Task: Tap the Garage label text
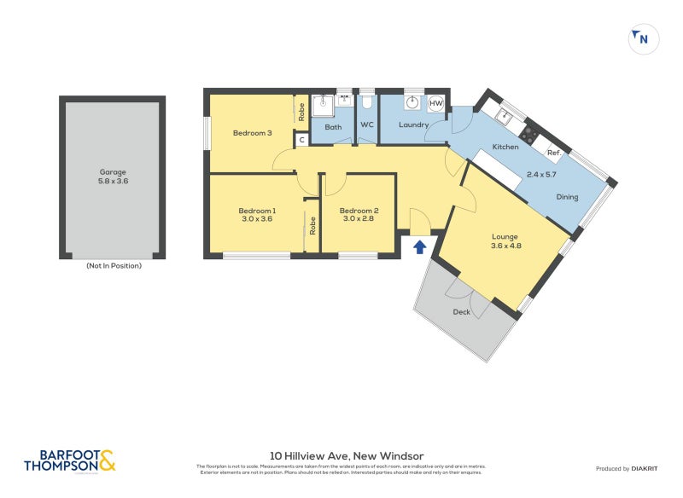click(x=113, y=171)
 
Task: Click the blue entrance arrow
click(x=419, y=247)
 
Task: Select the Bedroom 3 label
click(x=252, y=132)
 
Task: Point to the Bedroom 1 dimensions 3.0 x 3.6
click(x=256, y=218)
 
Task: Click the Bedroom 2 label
click(x=359, y=210)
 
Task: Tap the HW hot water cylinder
click(x=435, y=104)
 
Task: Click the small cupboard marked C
click(x=301, y=140)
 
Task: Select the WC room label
click(x=367, y=125)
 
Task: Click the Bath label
click(x=333, y=127)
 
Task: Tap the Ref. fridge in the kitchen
click(x=553, y=153)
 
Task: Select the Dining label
click(x=567, y=197)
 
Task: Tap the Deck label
click(x=462, y=312)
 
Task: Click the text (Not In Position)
click(x=114, y=265)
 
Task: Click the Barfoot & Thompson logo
click(x=70, y=461)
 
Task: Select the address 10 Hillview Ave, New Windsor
click(x=341, y=456)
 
